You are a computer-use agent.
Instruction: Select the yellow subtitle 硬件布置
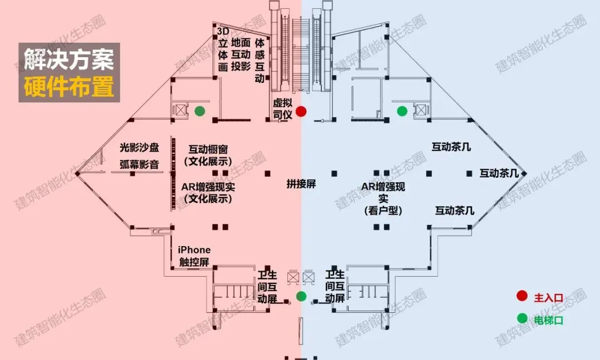pyautogui.click(x=69, y=87)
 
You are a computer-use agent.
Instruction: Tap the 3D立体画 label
pyautogui.click(x=223, y=49)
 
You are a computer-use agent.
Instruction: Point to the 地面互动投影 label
pyautogui.click(x=241, y=54)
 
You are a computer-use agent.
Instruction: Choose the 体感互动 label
pyautogui.click(x=259, y=61)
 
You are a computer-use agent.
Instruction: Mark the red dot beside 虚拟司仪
pyautogui.click(x=301, y=111)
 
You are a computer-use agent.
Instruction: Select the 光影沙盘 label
pyautogui.click(x=139, y=148)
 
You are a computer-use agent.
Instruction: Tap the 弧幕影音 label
pyautogui.click(x=139, y=164)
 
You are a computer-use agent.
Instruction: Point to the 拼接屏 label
pyautogui.click(x=301, y=184)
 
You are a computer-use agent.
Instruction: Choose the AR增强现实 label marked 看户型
pyautogui.click(x=383, y=198)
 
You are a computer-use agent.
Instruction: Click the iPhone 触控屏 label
pyautogui.click(x=194, y=256)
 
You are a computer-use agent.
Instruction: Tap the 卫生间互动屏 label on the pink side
pyautogui.click(x=268, y=287)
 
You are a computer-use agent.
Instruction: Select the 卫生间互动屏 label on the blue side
pyautogui.click(x=335, y=287)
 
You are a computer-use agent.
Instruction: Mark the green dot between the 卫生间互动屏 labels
pyautogui.click(x=301, y=296)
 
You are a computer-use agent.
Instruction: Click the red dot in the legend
pyautogui.click(x=522, y=297)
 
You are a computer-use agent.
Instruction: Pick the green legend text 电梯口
pyautogui.click(x=548, y=320)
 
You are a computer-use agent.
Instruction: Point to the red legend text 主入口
pyautogui.click(x=548, y=298)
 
